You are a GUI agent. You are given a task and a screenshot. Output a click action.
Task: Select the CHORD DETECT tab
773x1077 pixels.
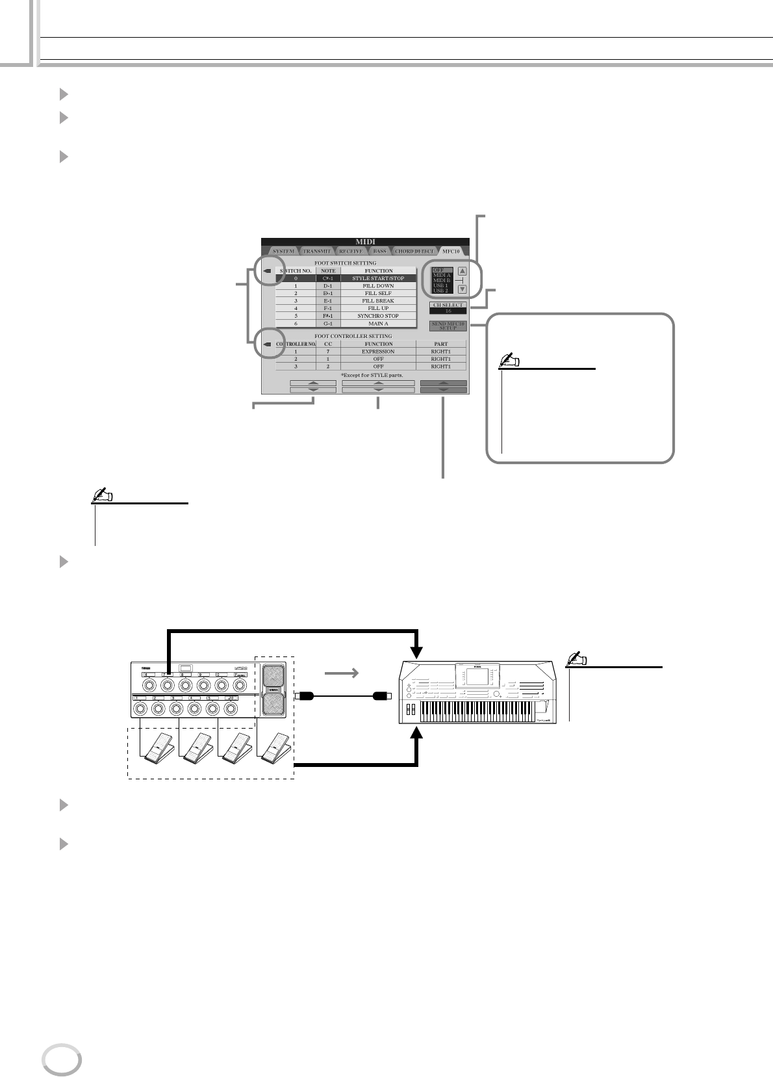coord(414,251)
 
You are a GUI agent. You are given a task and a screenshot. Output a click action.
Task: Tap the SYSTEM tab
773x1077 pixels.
coord(283,251)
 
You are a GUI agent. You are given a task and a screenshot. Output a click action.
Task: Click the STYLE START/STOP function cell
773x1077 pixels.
coord(378,278)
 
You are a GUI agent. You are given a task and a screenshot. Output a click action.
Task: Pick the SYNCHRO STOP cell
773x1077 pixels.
coord(378,316)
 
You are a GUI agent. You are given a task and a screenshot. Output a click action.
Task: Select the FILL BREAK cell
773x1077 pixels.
coord(378,301)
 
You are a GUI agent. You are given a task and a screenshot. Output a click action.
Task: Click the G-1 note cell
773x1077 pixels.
coord(328,323)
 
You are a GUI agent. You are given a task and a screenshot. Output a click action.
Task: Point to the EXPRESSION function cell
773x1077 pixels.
coord(378,351)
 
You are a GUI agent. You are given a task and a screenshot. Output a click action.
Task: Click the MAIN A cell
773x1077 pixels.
coord(378,323)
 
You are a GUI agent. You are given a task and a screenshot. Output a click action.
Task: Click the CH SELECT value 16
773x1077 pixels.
coord(448,311)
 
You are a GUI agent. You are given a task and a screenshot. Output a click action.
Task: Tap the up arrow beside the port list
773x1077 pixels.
coord(463,272)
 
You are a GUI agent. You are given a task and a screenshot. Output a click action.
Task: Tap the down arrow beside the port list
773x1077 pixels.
coord(463,289)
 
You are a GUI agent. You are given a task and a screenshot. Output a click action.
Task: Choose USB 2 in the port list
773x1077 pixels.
coord(441,291)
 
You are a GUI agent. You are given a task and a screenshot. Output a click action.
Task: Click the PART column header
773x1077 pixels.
coord(441,344)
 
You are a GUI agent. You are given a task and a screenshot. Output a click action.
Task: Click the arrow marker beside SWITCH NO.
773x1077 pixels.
coord(267,271)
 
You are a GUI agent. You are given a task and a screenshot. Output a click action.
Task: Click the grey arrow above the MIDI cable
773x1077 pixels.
coord(342,674)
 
